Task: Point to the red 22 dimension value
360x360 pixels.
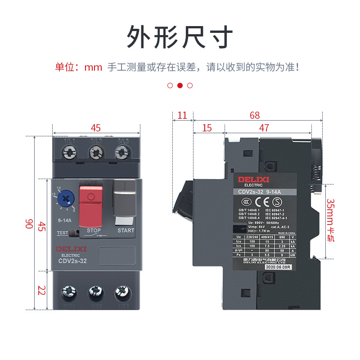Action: click(41, 291)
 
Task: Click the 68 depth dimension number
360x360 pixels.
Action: click(255, 116)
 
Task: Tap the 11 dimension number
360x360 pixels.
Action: click(182, 116)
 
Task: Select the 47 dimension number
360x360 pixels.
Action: click(264, 128)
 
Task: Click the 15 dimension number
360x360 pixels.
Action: click(207, 128)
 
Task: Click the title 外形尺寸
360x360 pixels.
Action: click(180, 36)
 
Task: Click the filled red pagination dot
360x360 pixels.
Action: click(180, 85)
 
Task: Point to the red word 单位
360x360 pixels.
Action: click(64, 67)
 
